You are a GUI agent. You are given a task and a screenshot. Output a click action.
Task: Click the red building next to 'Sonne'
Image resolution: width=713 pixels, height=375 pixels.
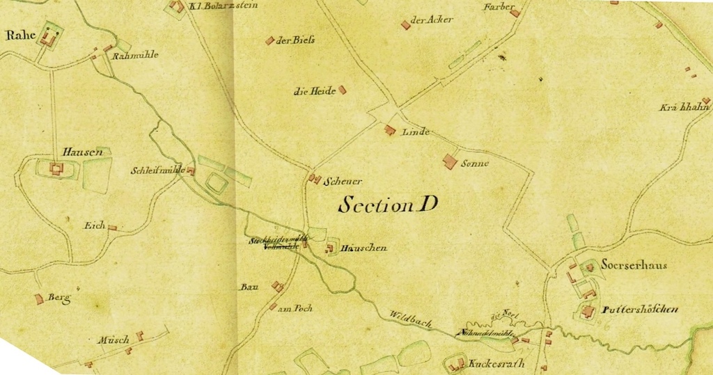coord(450,161)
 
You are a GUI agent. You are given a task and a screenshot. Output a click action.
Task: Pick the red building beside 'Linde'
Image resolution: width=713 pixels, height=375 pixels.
coord(390,130)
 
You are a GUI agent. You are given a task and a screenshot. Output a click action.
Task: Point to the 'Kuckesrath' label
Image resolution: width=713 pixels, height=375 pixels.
coord(496,364)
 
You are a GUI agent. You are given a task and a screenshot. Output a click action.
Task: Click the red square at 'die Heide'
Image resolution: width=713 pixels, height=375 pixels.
coord(342,90)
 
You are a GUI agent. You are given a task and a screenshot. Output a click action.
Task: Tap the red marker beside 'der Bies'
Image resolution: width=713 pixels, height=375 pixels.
coord(269,40)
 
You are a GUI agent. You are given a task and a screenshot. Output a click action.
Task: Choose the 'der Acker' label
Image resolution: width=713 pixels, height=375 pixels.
coord(432,20)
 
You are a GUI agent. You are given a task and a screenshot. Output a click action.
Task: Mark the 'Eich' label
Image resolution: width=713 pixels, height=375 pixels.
coord(94,225)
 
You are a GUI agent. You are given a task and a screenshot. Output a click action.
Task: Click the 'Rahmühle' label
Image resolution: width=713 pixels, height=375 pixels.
coord(136,54)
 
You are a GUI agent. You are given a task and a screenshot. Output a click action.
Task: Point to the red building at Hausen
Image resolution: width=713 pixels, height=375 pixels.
coord(55,168)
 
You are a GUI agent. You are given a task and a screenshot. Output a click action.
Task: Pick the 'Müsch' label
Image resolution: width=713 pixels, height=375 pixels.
coord(113,340)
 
